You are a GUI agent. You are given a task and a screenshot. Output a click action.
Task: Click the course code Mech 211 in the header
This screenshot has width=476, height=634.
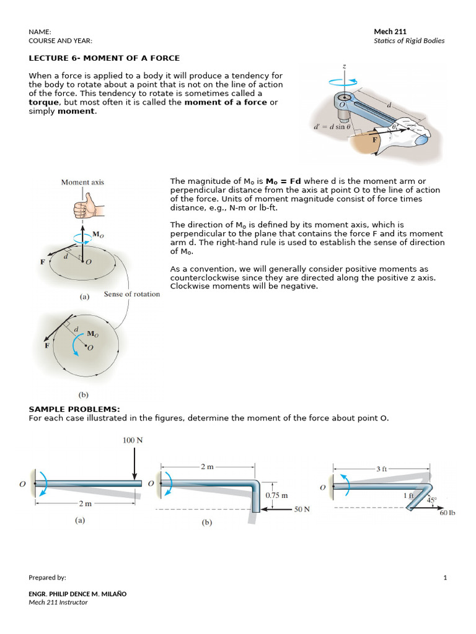click(390, 32)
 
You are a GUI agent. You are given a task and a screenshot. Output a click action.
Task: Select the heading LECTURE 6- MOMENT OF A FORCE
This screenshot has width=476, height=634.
click(104, 58)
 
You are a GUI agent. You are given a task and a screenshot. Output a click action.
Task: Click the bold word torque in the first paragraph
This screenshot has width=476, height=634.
click(44, 102)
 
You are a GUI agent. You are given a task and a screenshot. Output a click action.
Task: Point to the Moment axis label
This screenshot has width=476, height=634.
click(82, 182)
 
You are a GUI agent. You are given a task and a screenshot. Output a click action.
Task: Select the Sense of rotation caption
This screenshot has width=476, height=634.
click(131, 294)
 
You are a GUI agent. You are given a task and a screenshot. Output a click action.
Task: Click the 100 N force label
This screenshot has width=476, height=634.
click(134, 440)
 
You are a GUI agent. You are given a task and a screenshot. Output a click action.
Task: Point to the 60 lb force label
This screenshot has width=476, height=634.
click(447, 513)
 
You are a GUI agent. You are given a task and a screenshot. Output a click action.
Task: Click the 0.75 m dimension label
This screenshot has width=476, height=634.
click(276, 496)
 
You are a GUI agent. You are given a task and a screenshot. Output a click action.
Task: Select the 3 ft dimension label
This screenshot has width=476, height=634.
click(381, 469)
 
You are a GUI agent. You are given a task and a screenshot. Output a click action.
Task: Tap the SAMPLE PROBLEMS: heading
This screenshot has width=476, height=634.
click(74, 409)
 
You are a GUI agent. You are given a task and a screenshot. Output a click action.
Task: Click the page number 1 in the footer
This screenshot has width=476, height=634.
click(445, 578)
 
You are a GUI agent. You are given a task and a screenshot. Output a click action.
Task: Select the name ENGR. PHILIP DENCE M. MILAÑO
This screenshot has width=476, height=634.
click(77, 594)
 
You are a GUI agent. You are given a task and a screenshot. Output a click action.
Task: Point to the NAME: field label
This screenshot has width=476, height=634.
click(40, 32)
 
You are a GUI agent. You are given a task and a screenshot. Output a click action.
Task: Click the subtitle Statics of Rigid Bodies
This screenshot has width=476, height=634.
click(409, 41)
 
